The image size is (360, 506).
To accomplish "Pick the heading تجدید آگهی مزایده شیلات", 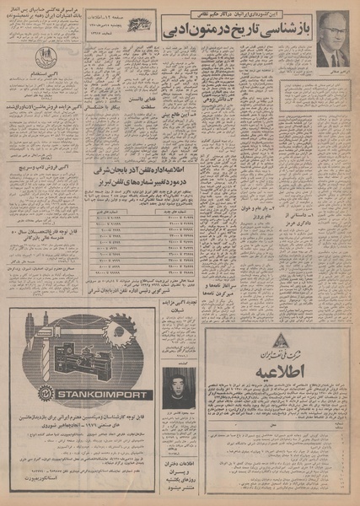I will point(178,331).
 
